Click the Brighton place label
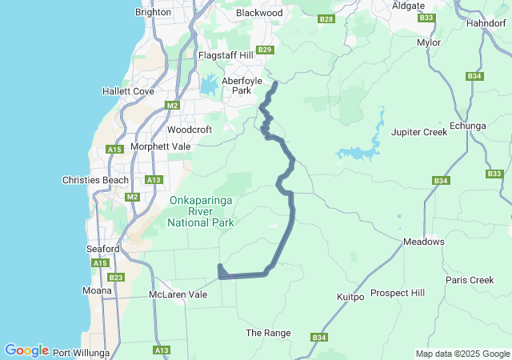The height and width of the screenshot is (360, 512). [154, 13]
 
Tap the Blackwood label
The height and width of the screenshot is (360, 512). [259, 13]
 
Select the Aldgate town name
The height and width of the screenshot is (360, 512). [409, 6]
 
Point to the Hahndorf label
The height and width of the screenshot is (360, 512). [485, 24]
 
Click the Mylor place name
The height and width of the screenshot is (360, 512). [429, 42]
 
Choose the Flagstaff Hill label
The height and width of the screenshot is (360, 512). [226, 54]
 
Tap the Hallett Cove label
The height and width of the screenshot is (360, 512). [128, 91]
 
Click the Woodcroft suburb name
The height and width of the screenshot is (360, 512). [190, 130]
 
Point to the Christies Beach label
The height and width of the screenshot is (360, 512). [95, 180]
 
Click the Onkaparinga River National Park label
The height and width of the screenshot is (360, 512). [200, 211]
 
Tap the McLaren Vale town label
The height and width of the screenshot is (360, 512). [178, 294]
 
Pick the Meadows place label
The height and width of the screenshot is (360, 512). [424, 242]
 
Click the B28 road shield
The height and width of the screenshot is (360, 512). [326, 18]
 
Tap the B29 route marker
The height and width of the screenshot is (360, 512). [266, 50]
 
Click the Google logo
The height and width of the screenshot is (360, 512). [26, 350]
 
